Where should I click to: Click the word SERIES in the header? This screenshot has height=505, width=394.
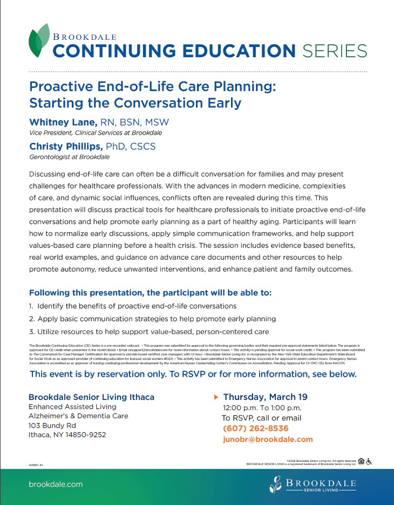pyautogui.click(x=334, y=51)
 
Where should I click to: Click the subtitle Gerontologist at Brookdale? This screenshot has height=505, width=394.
pyautogui.click(x=69, y=157)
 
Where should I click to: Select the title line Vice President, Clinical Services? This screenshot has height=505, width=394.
pyautogui.click(x=95, y=133)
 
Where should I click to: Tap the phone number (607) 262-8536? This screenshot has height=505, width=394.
pyautogui.click(x=255, y=428)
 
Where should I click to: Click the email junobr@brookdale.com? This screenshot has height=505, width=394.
pyautogui.click(x=268, y=439)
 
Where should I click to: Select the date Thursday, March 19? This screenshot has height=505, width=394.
pyautogui.click(x=265, y=397)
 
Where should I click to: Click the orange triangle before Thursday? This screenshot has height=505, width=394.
pyautogui.click(x=216, y=397)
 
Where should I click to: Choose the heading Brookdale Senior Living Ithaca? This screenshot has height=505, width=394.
pyautogui.click(x=91, y=397)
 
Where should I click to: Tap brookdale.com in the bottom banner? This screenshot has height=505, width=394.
pyautogui.click(x=56, y=484)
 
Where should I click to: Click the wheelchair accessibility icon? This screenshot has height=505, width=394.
pyautogui.click(x=369, y=461)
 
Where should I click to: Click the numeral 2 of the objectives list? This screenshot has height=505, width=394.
pyautogui.click(x=31, y=319)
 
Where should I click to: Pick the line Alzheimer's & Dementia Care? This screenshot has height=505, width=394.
pyautogui.click(x=78, y=416)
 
